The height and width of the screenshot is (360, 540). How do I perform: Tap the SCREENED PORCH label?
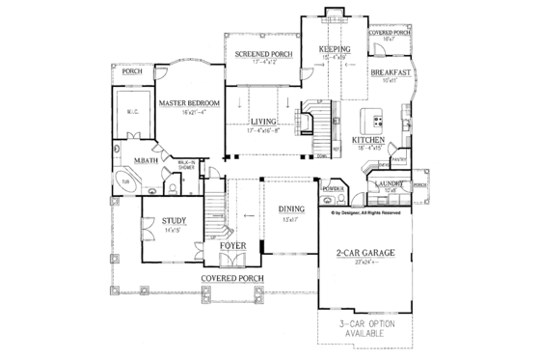[256, 54]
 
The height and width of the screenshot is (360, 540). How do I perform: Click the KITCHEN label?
[369, 140]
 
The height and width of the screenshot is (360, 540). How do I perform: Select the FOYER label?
[232, 246]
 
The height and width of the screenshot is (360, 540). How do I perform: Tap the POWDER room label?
[335, 189]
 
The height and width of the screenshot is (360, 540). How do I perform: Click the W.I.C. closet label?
[132, 112]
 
